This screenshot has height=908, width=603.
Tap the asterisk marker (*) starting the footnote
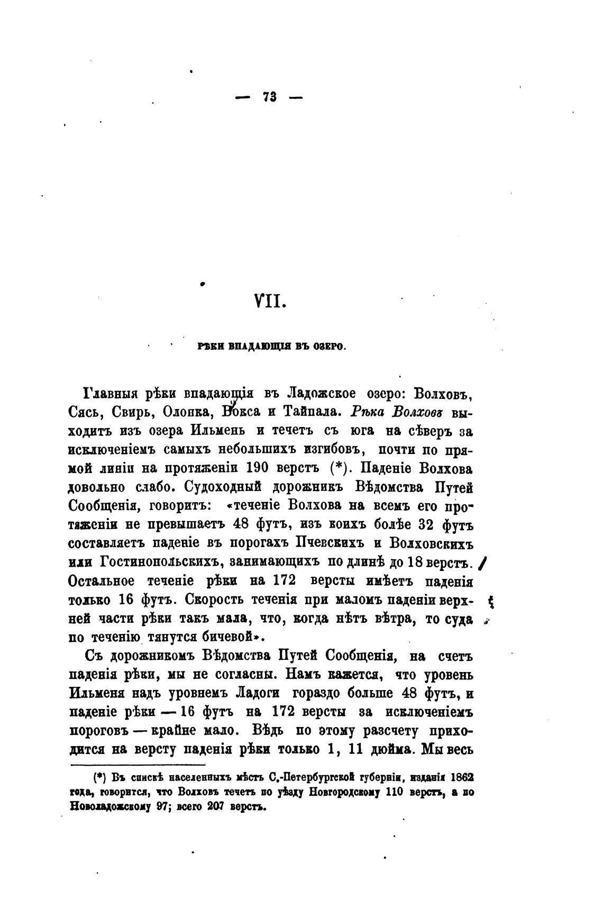[x=99, y=779]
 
